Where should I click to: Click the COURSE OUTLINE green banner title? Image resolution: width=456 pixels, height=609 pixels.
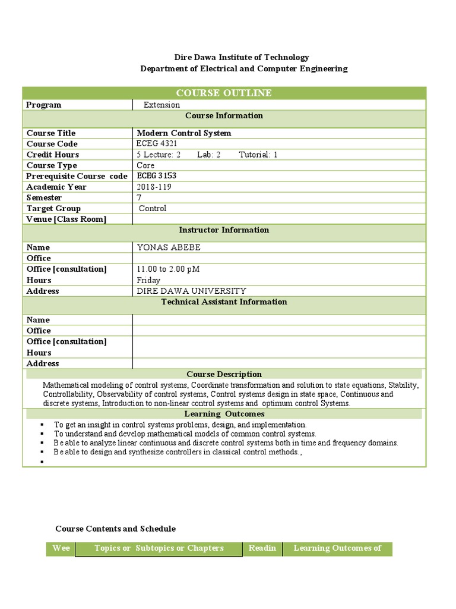tap(224, 93)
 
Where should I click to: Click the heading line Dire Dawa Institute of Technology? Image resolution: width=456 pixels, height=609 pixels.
tap(241, 57)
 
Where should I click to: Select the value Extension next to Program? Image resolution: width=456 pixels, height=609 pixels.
tap(161, 105)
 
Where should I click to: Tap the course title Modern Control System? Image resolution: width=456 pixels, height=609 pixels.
tap(184, 133)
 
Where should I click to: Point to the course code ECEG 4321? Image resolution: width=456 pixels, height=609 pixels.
tap(157, 143)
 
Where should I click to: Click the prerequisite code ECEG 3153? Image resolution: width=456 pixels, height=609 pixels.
tap(157, 175)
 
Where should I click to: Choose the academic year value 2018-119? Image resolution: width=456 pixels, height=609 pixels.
tap(153, 187)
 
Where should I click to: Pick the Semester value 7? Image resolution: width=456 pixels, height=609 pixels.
tap(139, 197)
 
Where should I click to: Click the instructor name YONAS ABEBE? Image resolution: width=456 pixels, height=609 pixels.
tap(169, 247)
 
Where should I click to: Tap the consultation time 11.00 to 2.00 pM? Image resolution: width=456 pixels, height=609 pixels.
tap(168, 269)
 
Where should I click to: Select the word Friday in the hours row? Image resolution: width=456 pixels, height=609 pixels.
tap(148, 280)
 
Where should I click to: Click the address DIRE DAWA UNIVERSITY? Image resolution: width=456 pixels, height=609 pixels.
tap(191, 291)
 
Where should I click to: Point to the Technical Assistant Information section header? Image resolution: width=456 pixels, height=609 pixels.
tap(224, 302)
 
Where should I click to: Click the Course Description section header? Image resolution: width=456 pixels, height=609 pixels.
tap(224, 374)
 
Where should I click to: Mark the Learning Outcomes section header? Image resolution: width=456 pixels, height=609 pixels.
tap(224, 414)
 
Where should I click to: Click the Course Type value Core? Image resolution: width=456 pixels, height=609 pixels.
tap(145, 165)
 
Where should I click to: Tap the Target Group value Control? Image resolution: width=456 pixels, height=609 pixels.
tap(153, 208)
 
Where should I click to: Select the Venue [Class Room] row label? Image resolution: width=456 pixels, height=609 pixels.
tap(66, 219)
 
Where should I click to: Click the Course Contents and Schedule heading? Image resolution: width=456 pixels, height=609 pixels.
tap(115, 529)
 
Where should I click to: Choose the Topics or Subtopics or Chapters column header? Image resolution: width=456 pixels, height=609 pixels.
tap(159, 548)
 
